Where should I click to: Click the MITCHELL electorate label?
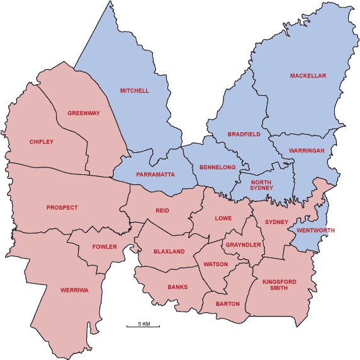[135, 91]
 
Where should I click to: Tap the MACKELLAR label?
[308, 76]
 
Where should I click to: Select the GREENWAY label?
[84, 114]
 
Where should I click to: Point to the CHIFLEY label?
[42, 142]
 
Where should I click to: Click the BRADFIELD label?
[244, 135]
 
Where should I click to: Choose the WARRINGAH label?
[307, 151]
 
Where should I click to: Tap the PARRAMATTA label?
[155, 174]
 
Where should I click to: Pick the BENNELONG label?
[217, 167]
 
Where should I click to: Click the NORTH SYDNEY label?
[261, 184]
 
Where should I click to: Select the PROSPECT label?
[62, 208]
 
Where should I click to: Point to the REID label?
[163, 211]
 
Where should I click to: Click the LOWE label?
[223, 218]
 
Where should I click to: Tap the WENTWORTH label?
[317, 230]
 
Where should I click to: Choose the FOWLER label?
[104, 247]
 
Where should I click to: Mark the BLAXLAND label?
[169, 252]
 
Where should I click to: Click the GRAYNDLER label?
[244, 245]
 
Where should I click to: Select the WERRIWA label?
[73, 290]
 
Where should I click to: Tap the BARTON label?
[228, 304]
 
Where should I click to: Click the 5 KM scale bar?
[143, 325]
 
